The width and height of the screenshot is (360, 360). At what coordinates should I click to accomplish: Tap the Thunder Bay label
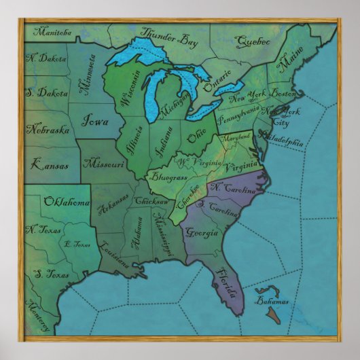169,37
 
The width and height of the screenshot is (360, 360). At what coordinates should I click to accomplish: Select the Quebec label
252,42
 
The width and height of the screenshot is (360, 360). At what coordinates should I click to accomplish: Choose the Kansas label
50,164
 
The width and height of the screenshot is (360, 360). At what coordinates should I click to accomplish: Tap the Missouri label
104,164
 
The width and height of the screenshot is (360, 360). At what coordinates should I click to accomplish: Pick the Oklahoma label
67,202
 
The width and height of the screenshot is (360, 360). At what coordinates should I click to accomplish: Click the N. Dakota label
46,60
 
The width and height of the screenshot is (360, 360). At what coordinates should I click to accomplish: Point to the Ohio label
196,137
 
